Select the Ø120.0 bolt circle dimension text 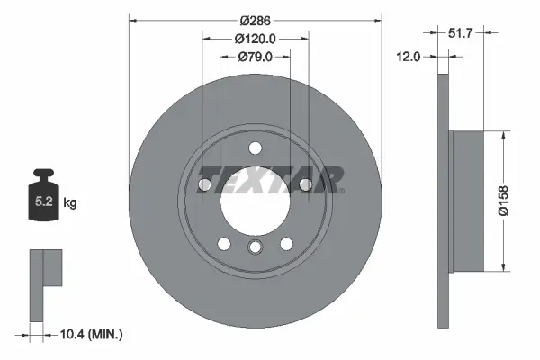pos(255,39)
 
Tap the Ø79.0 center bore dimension pos(256,57)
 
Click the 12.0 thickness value pos(409,57)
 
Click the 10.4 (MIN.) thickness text pos(90,334)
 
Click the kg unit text pos(69,203)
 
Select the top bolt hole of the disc pos(256,149)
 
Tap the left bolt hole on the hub pos(204,184)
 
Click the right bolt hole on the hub pos(306,184)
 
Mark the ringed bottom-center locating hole pos(256,248)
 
